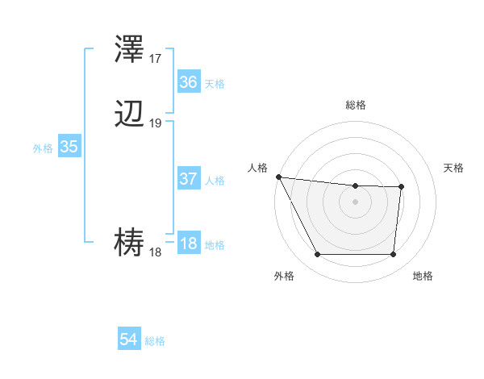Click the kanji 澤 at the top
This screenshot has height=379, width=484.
click(130, 50)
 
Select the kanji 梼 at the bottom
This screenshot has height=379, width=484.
click(130, 242)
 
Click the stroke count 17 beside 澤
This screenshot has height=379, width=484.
click(156, 58)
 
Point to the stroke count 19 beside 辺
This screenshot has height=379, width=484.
click(156, 123)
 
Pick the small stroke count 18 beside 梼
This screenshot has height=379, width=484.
click(156, 252)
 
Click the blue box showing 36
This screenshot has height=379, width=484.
click(188, 82)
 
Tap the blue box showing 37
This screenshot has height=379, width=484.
click(188, 179)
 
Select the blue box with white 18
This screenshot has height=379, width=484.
click(188, 244)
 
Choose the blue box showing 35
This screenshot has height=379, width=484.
click(69, 147)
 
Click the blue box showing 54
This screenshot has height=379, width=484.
click(129, 340)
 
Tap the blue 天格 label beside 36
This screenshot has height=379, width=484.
click(215, 84)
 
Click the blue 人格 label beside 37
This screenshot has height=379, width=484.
click(215, 181)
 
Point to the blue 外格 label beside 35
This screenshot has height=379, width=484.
click(43, 148)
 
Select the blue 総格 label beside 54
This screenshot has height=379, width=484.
click(155, 342)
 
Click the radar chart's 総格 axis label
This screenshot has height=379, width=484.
click(355, 105)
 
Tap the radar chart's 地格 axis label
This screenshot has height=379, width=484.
click(423, 277)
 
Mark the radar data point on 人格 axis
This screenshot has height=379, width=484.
click(278, 177)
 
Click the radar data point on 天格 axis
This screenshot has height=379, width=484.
click(401, 187)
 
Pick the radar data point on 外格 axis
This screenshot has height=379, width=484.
click(317, 255)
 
